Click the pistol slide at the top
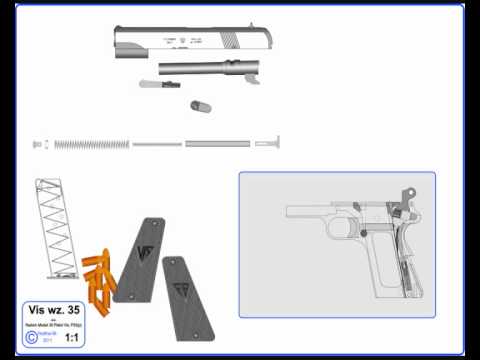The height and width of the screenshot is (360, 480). click(x=190, y=39)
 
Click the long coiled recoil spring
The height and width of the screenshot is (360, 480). click(x=90, y=144)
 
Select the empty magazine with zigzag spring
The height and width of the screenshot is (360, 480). click(x=54, y=230)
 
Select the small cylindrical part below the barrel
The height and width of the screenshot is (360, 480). click(x=198, y=104)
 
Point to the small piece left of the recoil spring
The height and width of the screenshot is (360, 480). click(x=38, y=144)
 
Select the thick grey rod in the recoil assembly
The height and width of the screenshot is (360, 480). click(x=218, y=144)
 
